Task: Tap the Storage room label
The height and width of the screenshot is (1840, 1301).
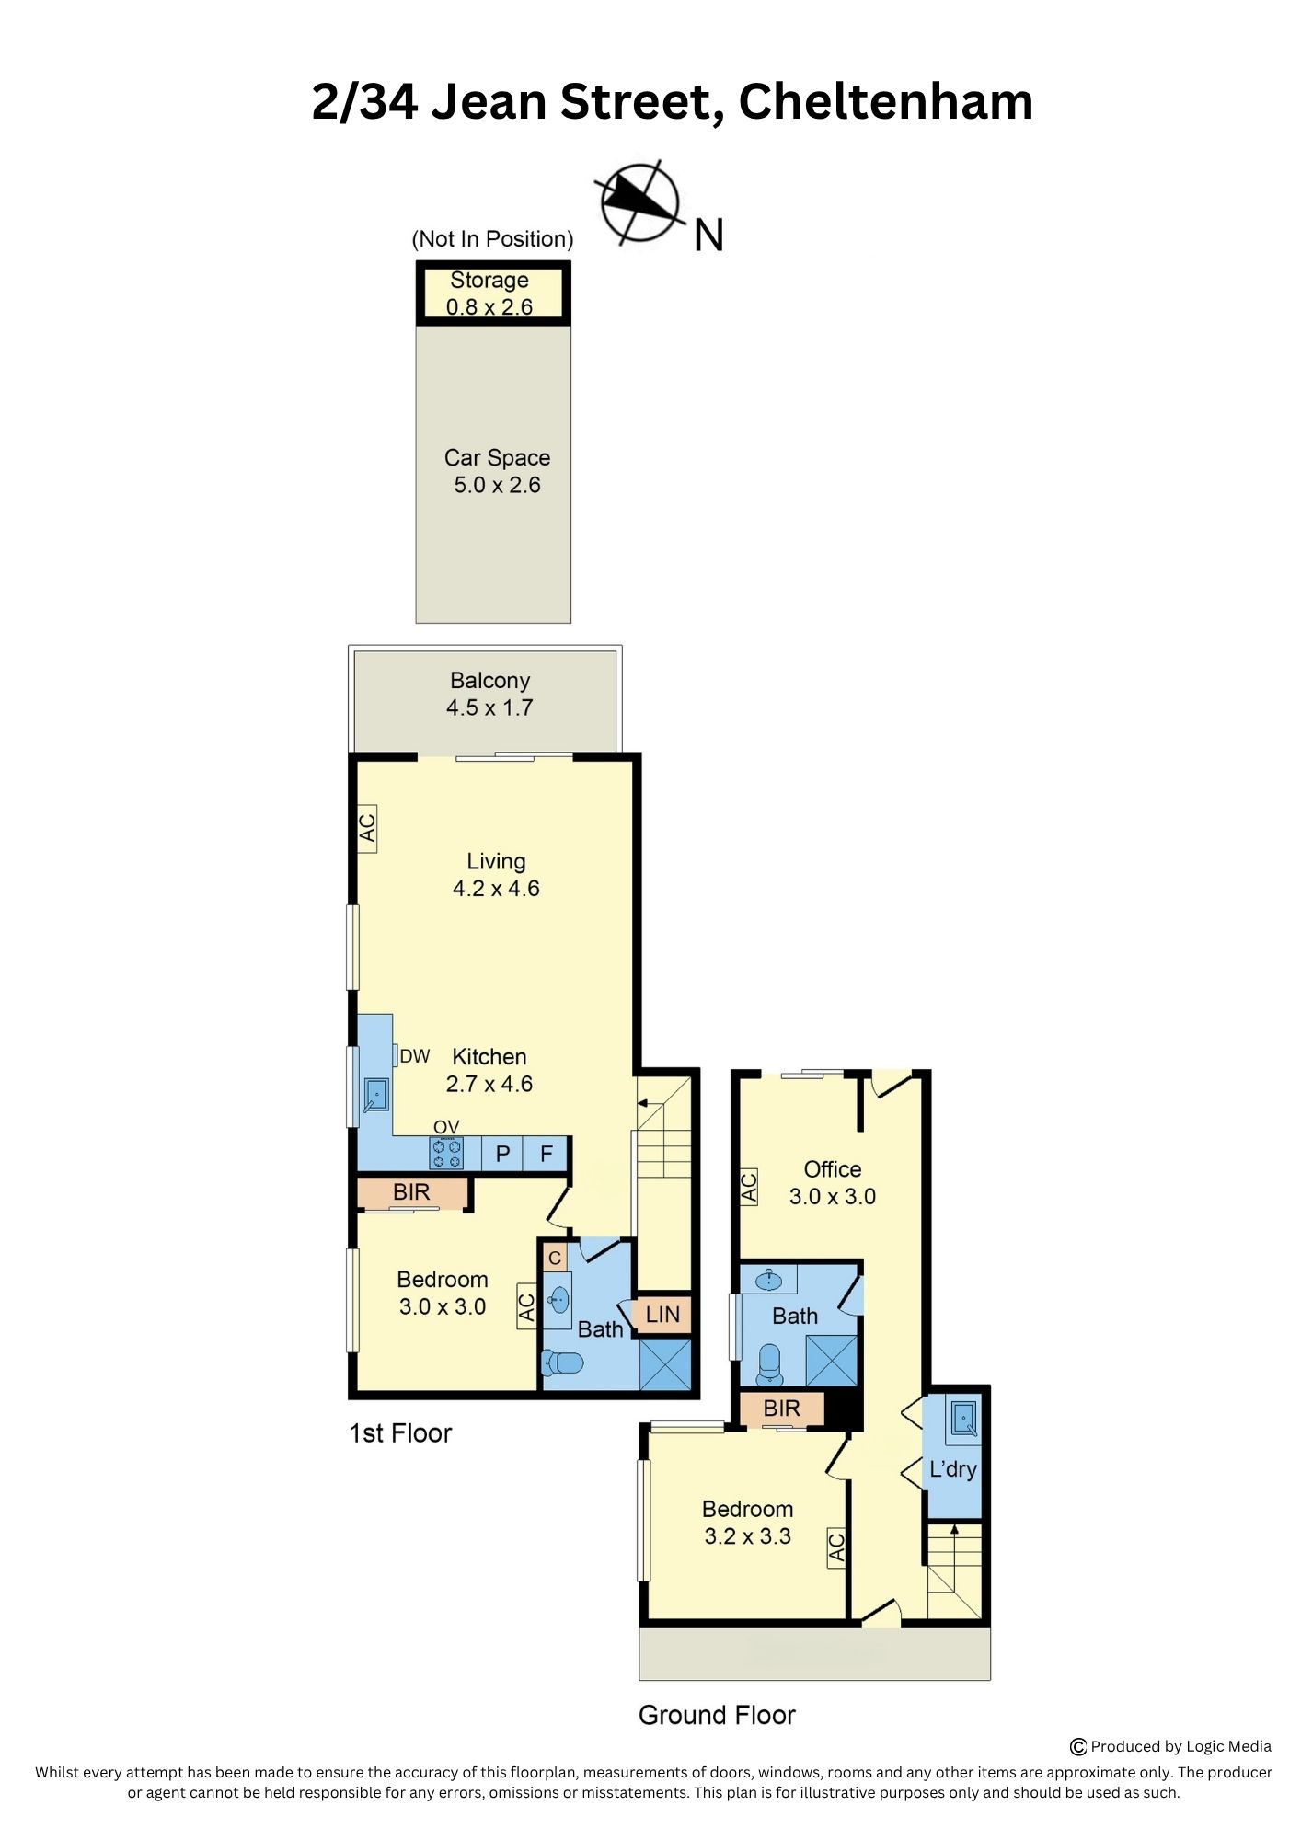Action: pyautogui.click(x=489, y=280)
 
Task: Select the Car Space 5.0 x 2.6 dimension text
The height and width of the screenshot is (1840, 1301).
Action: pyautogui.click(x=497, y=485)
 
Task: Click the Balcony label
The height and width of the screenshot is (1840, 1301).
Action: pyautogui.click(x=489, y=680)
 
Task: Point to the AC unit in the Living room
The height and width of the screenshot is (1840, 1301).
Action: pyautogui.click(x=367, y=828)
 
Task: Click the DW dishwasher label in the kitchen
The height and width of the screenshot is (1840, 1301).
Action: pyautogui.click(x=415, y=1056)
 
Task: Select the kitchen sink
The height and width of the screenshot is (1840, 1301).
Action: pyautogui.click(x=375, y=1095)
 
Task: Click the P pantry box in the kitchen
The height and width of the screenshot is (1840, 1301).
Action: pyautogui.click(x=502, y=1154)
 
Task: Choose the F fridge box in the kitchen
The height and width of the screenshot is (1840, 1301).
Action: pyautogui.click(x=546, y=1154)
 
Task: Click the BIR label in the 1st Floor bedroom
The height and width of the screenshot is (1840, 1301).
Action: pyautogui.click(x=411, y=1192)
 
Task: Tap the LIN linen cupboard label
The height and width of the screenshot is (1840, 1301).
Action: pyautogui.click(x=662, y=1315)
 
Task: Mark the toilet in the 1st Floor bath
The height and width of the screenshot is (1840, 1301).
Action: pyautogui.click(x=561, y=1362)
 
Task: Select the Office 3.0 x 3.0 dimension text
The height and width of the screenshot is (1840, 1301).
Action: pyautogui.click(x=833, y=1196)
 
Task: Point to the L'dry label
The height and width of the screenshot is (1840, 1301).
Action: pyautogui.click(x=953, y=1469)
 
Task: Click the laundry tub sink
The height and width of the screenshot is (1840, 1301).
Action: pyautogui.click(x=963, y=1418)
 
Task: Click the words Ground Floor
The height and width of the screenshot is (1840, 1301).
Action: pyautogui.click(x=717, y=1715)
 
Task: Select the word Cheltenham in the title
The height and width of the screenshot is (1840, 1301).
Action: pyautogui.click(x=886, y=101)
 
